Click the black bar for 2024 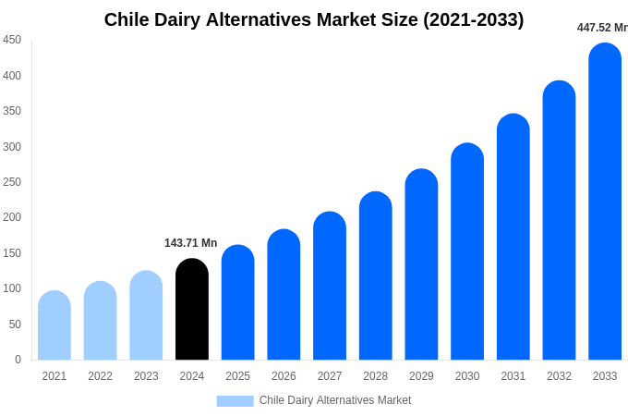pyautogui.click(x=192, y=310)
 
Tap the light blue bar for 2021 pyautogui.click(x=54, y=325)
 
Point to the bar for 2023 pyautogui.click(x=146, y=315)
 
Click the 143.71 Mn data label pyautogui.click(x=191, y=243)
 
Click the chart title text pyautogui.click(x=313, y=19)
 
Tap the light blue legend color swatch pyautogui.click(x=235, y=400)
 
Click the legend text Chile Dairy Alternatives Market pyautogui.click(x=335, y=400)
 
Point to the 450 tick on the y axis pyautogui.click(x=12, y=40)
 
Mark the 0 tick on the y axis pyautogui.click(x=18, y=360)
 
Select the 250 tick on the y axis pyautogui.click(x=12, y=182)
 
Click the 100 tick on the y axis pyautogui.click(x=12, y=288)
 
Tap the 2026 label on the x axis pyautogui.click(x=284, y=376)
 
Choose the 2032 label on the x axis pyautogui.click(x=559, y=376)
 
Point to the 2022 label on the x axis pyautogui.click(x=100, y=376)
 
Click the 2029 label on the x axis pyautogui.click(x=421, y=376)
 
